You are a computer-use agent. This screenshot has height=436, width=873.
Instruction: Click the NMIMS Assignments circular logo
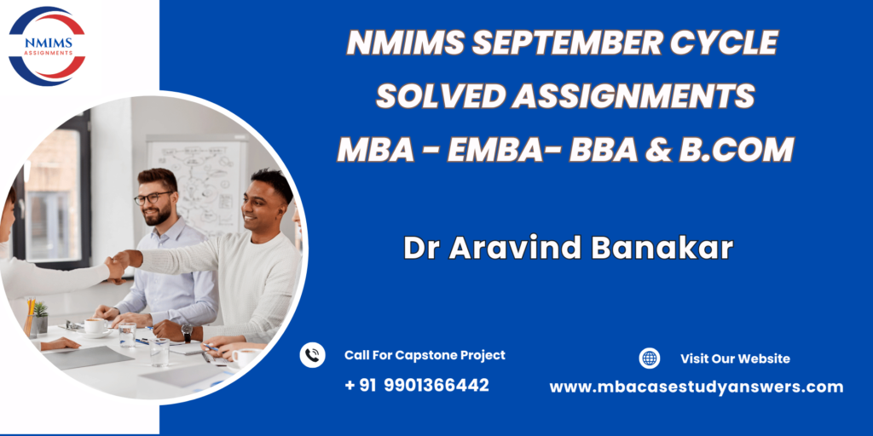47,46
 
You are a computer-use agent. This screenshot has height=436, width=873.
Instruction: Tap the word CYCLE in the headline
723,43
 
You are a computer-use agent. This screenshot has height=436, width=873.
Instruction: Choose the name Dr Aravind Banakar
568,248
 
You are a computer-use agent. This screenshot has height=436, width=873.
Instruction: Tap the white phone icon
312,355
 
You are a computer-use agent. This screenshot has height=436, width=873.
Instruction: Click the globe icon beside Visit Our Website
649,359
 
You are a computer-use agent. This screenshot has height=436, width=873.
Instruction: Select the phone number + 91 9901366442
416,385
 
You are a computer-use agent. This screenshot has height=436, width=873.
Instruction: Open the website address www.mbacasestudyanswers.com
696,387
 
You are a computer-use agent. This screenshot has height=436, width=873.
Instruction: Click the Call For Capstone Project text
425,355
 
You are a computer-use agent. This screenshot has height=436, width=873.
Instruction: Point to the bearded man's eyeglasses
153,197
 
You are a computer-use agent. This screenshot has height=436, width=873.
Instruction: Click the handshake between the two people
118,266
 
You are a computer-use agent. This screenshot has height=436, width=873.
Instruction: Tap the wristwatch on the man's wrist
187,332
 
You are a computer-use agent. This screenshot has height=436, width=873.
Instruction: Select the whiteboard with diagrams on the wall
197,186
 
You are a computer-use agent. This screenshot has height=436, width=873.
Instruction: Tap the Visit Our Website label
735,359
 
